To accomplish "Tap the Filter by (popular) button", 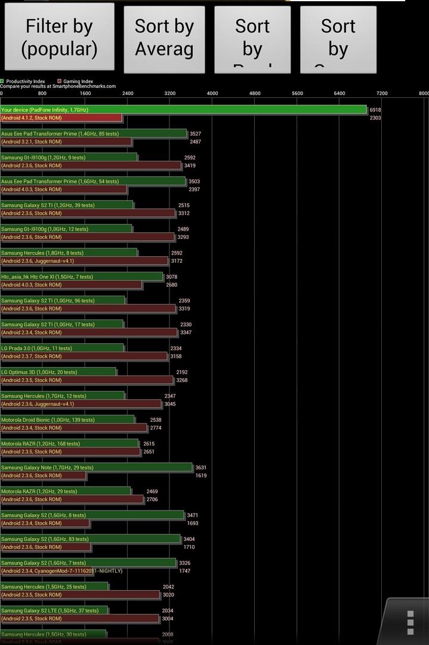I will coord(59,38).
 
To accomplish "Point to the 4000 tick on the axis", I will coord(212,93).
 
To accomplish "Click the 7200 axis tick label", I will coord(382,93).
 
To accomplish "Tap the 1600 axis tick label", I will coord(85,93).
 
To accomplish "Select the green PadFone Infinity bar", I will coord(183,110).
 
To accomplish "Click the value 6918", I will coord(375,110).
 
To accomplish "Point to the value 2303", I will coord(375,118).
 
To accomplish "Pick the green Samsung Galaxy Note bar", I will coord(96,468).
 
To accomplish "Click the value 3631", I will coord(201,468).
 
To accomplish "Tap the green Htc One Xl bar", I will coord(82,277).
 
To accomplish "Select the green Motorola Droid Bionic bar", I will coord(67,420).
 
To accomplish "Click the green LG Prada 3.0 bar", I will coord(62,348).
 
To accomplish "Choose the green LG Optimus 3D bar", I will coord(58,372).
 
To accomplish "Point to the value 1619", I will coord(201,476).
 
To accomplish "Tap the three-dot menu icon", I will coord(410,622).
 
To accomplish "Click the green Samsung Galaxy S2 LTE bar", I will coord(54,610).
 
